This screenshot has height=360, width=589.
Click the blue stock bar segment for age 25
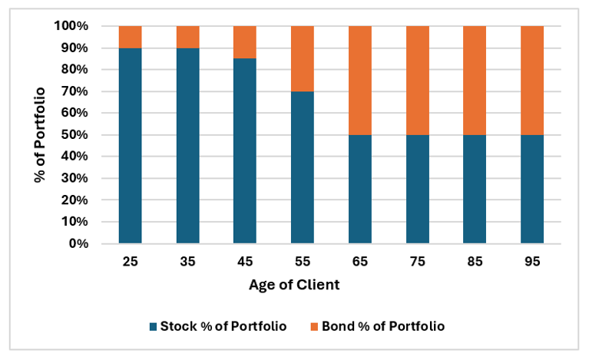coord(131,146)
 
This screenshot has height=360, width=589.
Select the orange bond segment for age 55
coord(302,58)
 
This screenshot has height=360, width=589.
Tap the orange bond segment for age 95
coord(531,80)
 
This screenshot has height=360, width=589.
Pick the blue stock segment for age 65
coord(359,190)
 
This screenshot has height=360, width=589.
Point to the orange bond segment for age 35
coord(187,37)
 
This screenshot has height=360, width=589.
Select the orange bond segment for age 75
coord(417,80)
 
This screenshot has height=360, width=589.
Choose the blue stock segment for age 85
coord(475,190)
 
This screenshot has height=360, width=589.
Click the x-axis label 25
coord(131,261)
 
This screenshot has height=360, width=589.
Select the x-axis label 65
coord(359,261)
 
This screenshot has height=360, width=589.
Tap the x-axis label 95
coord(531,261)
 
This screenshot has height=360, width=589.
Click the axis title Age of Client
coord(294,285)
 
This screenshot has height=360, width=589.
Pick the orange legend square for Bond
coord(313,326)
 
